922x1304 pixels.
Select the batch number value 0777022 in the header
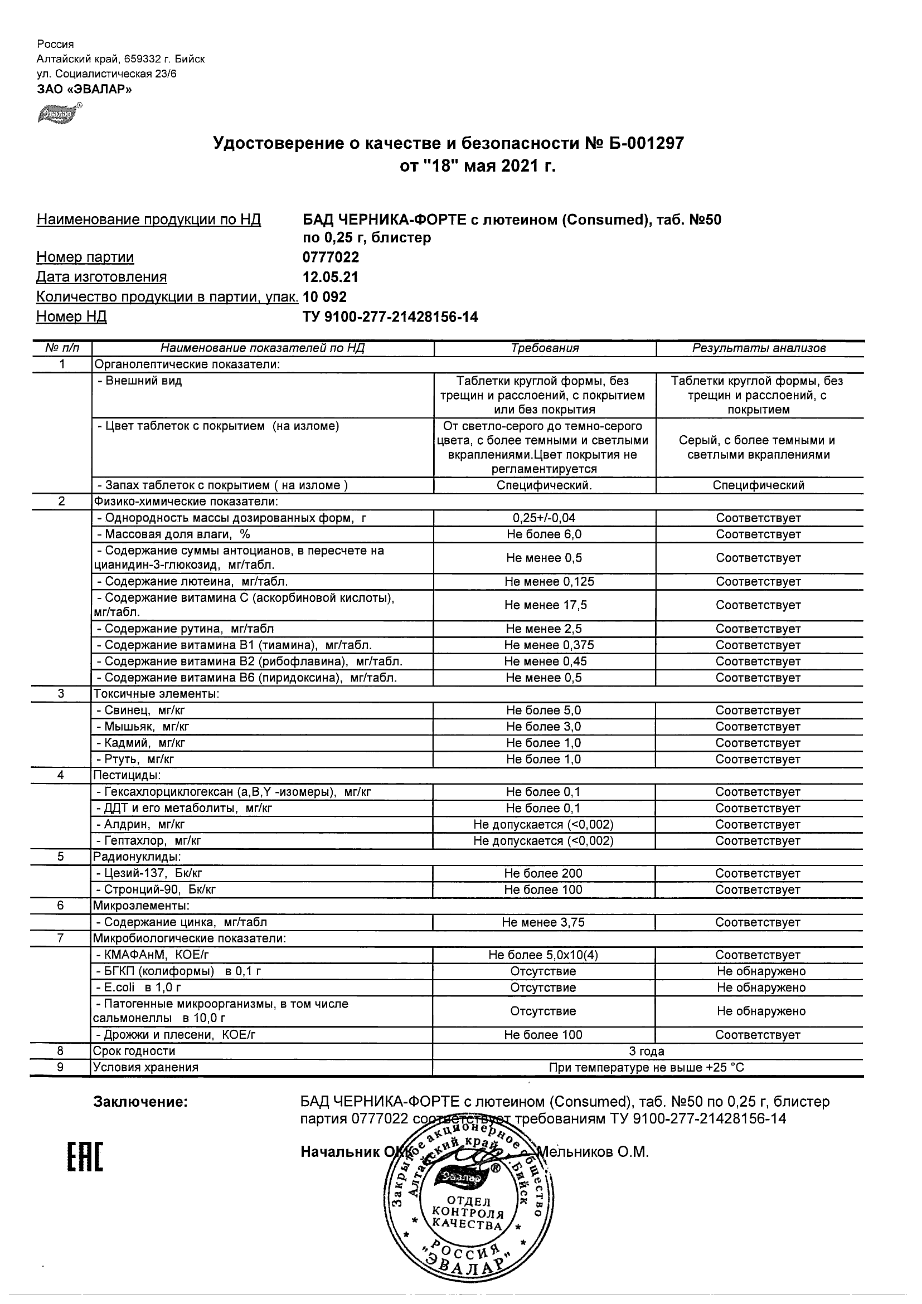click(x=331, y=257)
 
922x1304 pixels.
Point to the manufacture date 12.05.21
click(x=331, y=277)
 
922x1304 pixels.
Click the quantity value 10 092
click(x=325, y=297)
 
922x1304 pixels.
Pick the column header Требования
click(x=545, y=348)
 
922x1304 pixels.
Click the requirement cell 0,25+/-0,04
click(x=544, y=518)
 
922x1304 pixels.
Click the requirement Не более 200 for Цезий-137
click(x=544, y=873)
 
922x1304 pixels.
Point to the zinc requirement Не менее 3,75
click(x=543, y=922)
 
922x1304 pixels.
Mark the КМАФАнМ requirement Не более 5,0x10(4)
click(x=543, y=955)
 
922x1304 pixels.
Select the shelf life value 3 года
click(x=647, y=1051)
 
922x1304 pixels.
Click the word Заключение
click(x=140, y=1102)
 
